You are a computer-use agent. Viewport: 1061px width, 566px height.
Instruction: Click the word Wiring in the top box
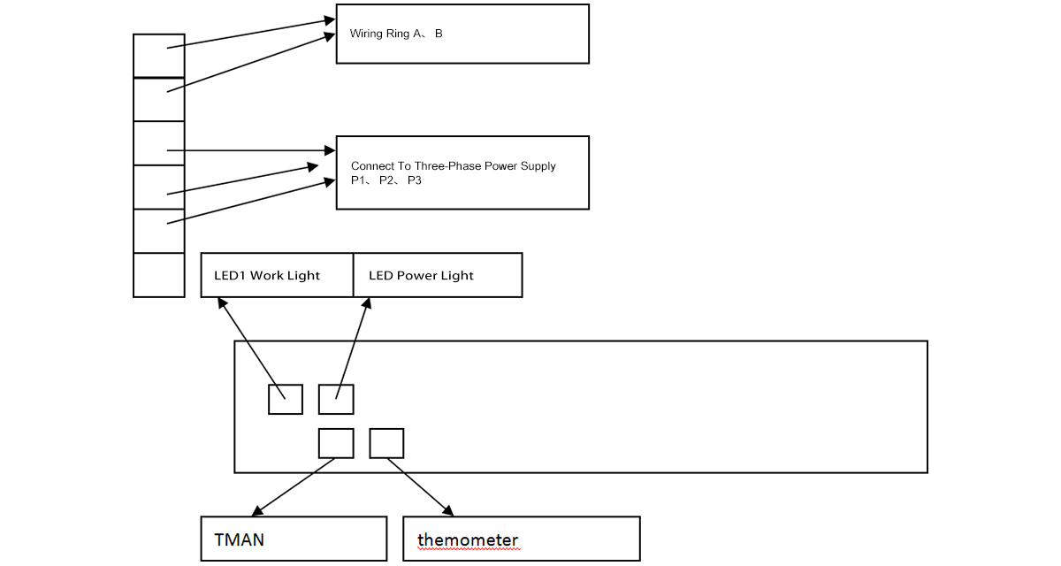point(367,34)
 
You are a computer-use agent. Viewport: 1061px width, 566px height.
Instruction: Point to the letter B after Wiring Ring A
point(439,34)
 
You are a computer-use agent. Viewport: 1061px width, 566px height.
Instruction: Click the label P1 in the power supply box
point(358,180)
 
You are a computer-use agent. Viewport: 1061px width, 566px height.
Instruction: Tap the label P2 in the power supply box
point(386,180)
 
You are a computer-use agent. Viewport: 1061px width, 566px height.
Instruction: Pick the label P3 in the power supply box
point(415,180)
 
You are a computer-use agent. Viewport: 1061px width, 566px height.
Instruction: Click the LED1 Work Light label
point(267,276)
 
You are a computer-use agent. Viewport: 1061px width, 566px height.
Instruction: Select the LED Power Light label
point(421,276)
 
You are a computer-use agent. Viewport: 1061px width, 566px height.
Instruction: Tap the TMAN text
point(239,539)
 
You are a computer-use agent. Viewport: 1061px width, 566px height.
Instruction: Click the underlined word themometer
point(468,539)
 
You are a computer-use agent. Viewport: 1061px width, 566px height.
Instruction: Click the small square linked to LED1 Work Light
point(286,399)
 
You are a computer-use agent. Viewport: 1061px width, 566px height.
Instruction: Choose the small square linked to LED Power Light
point(336,399)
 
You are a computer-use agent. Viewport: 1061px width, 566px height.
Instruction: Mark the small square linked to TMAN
point(336,443)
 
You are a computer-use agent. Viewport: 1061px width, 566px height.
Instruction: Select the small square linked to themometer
point(386,443)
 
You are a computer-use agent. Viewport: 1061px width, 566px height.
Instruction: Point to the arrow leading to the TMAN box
point(292,487)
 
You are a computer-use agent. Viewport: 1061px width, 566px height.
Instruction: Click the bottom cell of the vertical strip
point(158,275)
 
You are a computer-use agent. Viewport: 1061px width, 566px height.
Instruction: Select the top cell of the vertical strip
point(158,56)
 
